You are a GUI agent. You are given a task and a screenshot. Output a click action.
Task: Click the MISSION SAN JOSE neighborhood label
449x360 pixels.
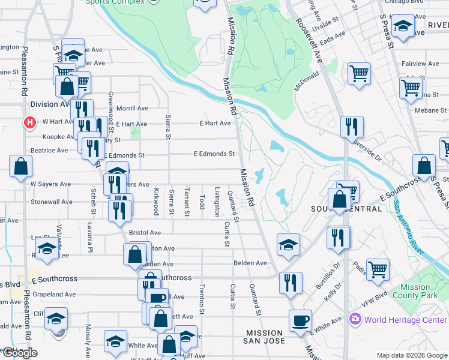(265, 337)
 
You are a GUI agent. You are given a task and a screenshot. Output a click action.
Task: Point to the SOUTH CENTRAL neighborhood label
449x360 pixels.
(346, 209)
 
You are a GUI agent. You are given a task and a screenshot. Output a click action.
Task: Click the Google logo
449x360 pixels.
(19, 353)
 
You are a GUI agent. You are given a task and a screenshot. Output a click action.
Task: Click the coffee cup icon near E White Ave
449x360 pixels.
(300, 320)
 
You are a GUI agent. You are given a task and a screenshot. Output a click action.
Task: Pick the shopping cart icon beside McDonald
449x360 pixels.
(359, 74)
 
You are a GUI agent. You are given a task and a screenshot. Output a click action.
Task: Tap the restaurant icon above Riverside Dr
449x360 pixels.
(351, 127)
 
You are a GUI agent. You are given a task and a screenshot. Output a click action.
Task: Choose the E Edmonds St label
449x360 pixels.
(214, 154)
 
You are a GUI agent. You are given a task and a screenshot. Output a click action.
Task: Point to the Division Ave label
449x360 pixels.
(52, 104)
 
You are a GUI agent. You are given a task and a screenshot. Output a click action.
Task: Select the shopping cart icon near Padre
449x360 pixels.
(378, 269)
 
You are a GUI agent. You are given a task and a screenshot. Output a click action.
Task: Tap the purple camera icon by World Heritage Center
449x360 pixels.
(355, 318)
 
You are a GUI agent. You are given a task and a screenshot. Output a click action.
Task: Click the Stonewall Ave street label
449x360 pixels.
(52, 202)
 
